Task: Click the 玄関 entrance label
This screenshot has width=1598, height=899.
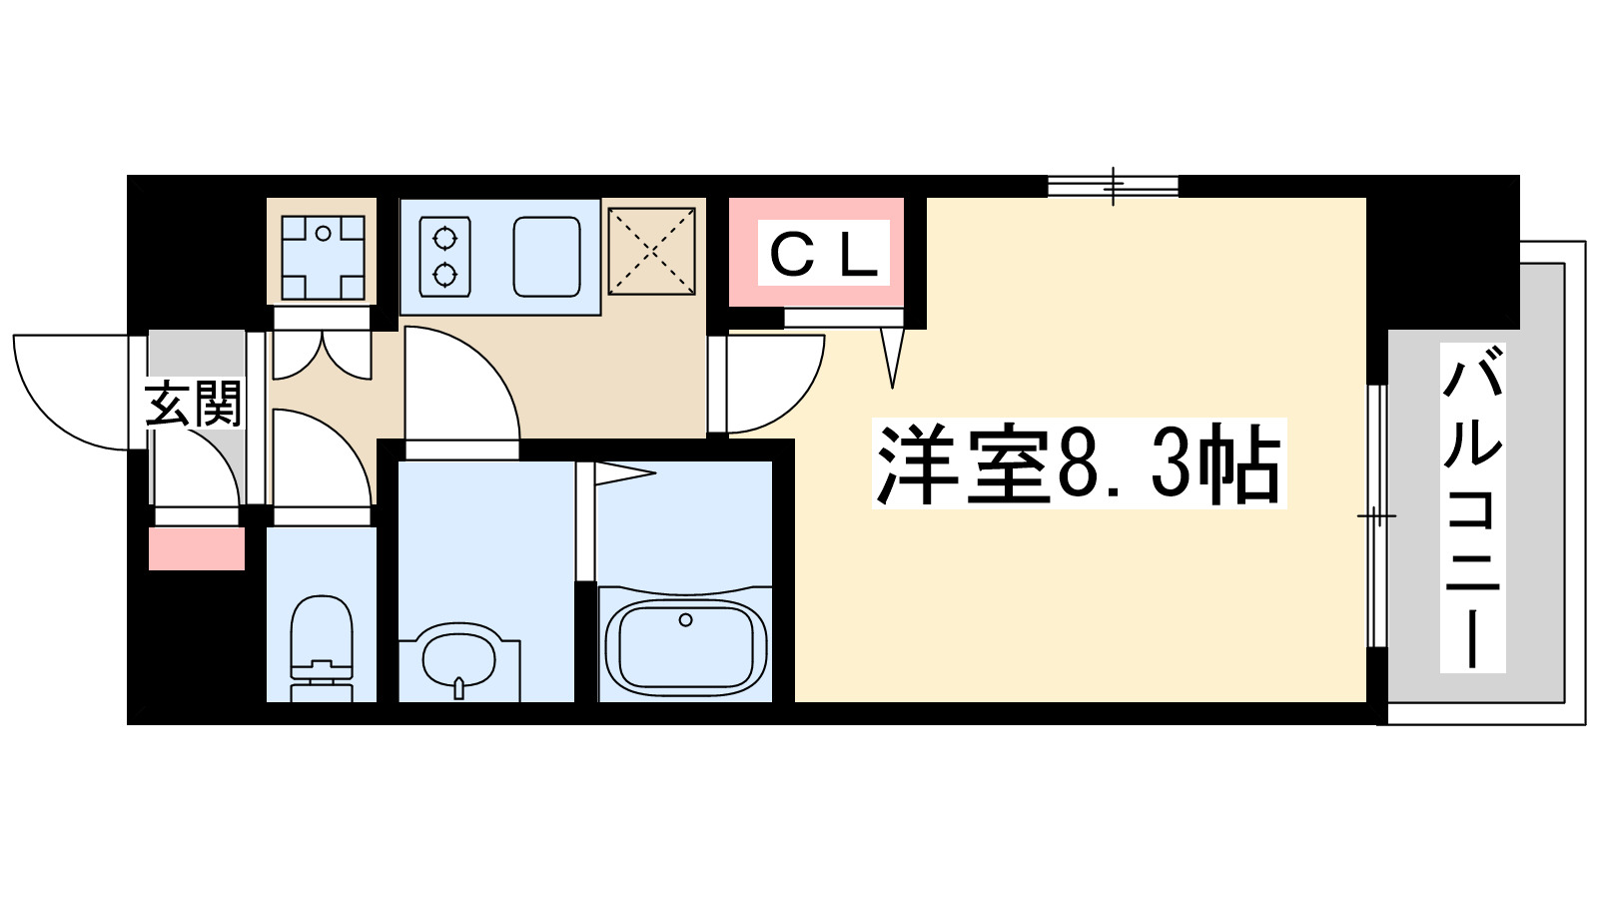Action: tap(194, 404)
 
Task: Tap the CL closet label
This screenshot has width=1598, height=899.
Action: tap(824, 254)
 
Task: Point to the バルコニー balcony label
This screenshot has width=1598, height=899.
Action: tap(1472, 507)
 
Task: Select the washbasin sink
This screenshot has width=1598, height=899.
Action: tap(458, 658)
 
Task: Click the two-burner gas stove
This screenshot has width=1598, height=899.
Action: tap(444, 256)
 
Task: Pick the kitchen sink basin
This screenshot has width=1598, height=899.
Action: tap(546, 256)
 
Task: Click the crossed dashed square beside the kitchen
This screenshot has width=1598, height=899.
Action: tap(651, 251)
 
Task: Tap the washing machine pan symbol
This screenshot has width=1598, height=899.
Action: tap(322, 258)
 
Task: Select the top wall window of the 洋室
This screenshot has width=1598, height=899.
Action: tap(1114, 185)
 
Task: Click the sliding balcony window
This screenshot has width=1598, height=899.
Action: tap(1376, 515)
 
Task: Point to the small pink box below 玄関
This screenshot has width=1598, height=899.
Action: tap(197, 548)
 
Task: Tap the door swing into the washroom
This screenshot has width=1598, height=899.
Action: tap(459, 390)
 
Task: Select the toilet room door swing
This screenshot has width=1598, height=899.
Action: tap(320, 459)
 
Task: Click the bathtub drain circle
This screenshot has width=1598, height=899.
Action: tap(685, 620)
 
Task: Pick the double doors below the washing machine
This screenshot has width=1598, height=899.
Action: tap(322, 355)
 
